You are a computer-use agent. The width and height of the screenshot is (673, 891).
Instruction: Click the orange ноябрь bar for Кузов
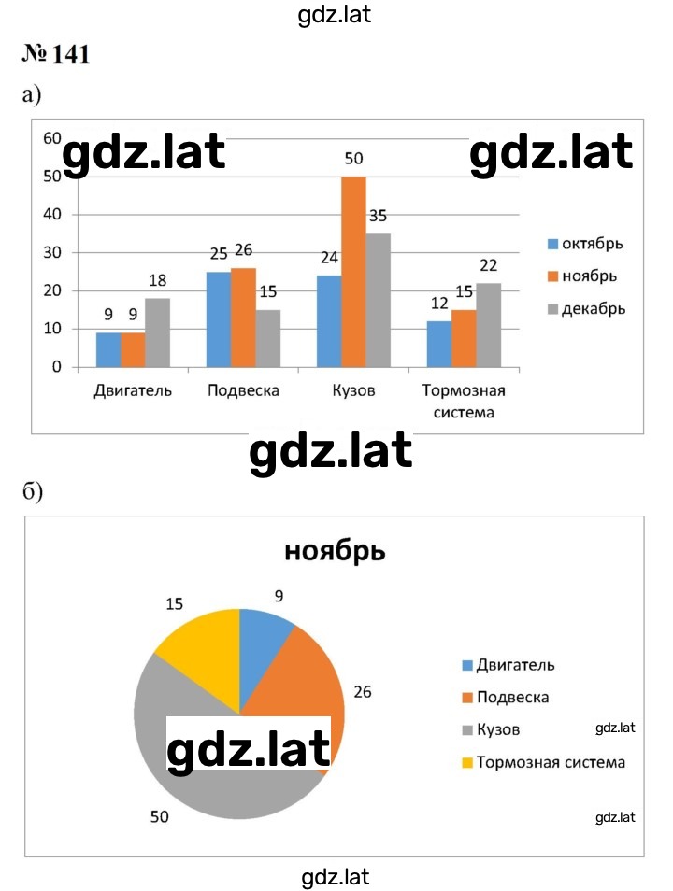(353, 272)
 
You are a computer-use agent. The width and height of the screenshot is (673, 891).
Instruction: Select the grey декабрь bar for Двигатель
(157, 332)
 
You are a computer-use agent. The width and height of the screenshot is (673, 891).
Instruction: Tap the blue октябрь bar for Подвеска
(219, 319)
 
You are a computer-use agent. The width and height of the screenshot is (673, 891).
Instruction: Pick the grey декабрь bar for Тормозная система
(489, 325)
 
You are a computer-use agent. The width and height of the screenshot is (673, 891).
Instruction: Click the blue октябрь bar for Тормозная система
(439, 344)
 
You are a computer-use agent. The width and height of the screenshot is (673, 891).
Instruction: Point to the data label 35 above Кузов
(378, 216)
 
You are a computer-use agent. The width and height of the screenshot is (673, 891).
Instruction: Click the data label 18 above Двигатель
(158, 280)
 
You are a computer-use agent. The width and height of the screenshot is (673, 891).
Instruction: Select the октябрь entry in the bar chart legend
(585, 244)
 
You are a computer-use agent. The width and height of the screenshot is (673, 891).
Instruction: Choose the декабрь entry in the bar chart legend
(586, 309)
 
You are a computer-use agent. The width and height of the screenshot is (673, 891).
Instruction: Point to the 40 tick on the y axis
(52, 214)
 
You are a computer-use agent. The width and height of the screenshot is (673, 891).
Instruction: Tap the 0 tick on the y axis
(56, 367)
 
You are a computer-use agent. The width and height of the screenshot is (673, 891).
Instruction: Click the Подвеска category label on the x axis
(243, 391)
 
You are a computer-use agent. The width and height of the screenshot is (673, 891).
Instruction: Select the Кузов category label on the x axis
(354, 391)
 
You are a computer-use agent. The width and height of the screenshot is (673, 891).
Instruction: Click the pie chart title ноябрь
(335, 551)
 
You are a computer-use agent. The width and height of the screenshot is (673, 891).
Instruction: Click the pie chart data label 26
(363, 692)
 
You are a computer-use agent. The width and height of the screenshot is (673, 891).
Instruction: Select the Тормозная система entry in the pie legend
(544, 762)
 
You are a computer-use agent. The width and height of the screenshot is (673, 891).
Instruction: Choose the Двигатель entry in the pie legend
(508, 665)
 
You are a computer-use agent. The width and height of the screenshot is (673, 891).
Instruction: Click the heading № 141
(56, 54)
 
